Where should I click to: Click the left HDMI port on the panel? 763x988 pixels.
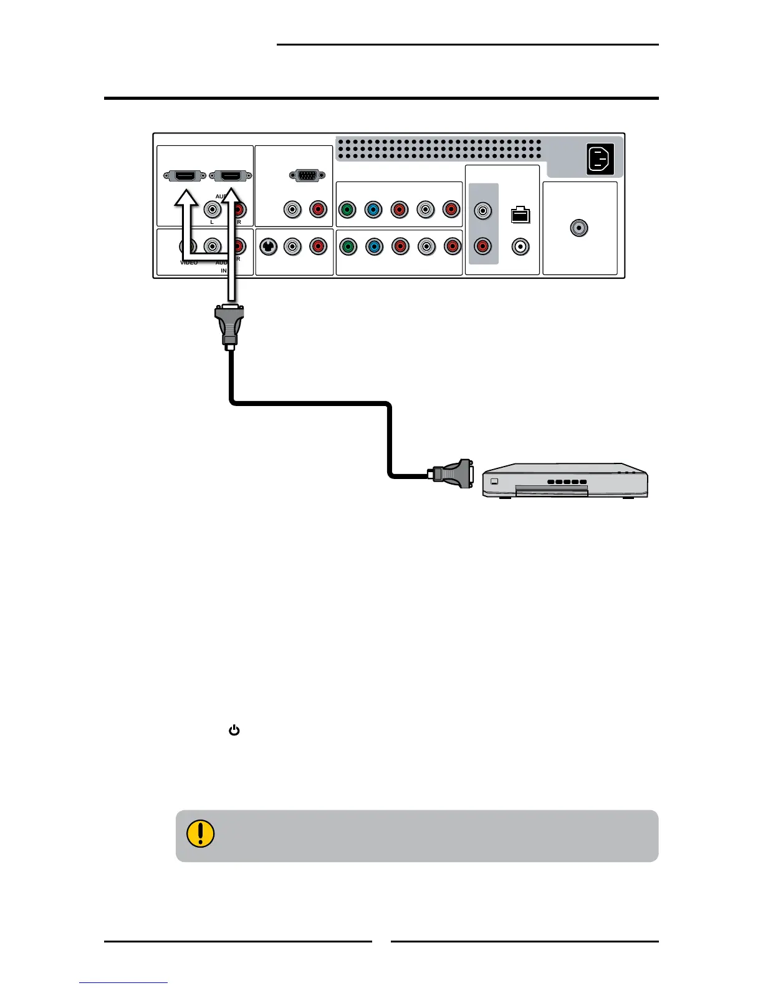tap(185, 176)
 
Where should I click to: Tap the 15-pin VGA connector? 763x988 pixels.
tap(307, 176)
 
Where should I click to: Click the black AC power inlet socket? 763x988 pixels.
tap(600, 158)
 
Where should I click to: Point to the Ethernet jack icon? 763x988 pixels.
tap(520, 215)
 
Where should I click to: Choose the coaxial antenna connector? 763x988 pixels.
tap(579, 228)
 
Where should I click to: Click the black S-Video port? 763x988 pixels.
tap(268, 247)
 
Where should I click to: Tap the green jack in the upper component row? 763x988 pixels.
tap(347, 210)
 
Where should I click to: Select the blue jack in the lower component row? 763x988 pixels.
tap(374, 247)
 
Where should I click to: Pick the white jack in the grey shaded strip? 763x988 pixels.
tap(483, 211)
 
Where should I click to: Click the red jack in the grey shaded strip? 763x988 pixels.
tap(483, 247)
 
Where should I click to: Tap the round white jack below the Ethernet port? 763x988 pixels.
tap(520, 247)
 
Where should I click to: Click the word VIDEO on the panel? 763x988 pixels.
tap(188, 263)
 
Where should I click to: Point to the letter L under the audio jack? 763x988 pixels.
tap(212, 222)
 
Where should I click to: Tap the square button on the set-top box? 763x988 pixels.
tap(495, 481)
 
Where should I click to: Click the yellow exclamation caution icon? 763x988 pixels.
tap(200, 833)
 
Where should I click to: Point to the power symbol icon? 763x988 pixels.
tap(234, 730)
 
